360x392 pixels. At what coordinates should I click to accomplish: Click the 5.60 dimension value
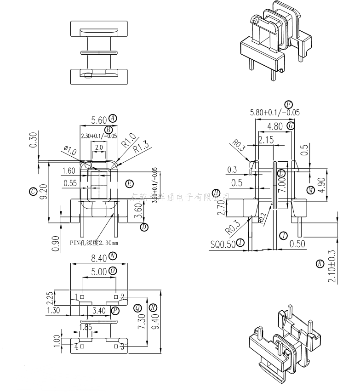tap(99, 120)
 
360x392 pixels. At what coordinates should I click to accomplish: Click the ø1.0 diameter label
tap(69, 151)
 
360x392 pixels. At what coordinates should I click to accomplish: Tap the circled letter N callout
tap(113, 256)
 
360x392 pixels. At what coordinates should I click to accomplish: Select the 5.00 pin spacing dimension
tap(99, 272)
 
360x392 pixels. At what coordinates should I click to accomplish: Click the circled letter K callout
tap(320, 263)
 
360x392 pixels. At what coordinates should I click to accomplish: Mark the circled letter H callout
tap(217, 193)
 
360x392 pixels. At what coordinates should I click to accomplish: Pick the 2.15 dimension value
tap(266, 139)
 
